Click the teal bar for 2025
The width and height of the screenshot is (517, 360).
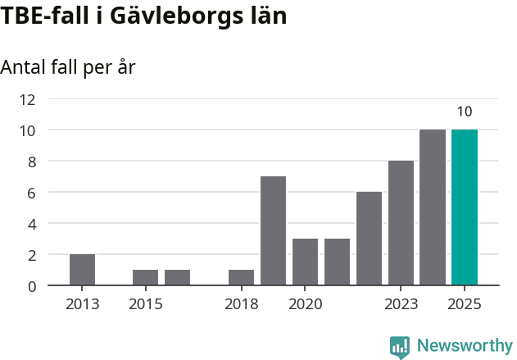pos(465,207)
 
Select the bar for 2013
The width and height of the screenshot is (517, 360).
pos(82,270)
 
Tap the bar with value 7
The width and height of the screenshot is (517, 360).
pos(273,230)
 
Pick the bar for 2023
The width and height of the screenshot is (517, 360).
pos(401,223)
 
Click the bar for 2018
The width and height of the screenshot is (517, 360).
pos(241,277)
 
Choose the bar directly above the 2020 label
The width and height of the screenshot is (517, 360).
pos(305,262)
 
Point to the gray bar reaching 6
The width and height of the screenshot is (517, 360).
pos(369,239)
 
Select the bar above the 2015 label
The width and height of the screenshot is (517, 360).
pos(145,277)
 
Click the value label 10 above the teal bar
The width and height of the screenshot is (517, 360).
pos(465,112)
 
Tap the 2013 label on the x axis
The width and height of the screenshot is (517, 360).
pos(82,304)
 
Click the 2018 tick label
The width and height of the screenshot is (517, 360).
pos(241,304)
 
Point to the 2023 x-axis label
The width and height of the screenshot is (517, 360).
pos(401,304)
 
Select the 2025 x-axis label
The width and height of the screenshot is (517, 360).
pos(465,304)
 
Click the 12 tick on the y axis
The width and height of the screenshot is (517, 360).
pos(27,99)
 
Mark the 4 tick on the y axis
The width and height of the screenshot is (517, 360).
pos(31,224)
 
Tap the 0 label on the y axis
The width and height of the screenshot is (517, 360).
pos(31,286)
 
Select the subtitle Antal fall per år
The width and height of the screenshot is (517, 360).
pos(68,67)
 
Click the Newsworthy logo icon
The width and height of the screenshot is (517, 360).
pos(400,347)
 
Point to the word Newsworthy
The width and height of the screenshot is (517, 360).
pos(465,346)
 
